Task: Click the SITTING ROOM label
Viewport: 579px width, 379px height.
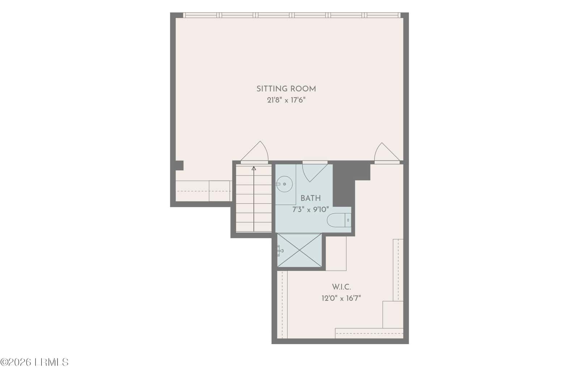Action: click(286, 89)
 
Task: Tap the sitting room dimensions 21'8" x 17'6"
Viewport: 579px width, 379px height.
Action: click(286, 100)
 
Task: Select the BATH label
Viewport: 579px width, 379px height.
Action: click(310, 198)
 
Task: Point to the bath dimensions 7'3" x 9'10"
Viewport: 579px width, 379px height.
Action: click(310, 209)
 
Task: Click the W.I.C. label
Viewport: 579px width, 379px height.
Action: click(341, 287)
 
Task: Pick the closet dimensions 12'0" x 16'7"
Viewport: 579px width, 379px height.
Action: click(341, 298)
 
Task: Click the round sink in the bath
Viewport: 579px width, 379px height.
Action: click(284, 184)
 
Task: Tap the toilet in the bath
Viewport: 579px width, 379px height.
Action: click(339, 220)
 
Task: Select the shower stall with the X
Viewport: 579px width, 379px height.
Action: click(299, 250)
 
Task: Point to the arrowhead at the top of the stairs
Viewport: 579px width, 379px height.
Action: click(254, 168)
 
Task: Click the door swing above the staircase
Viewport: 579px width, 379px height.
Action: click(255, 153)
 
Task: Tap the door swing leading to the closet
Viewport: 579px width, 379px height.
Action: click(387, 153)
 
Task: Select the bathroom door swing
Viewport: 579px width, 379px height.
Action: click(315, 173)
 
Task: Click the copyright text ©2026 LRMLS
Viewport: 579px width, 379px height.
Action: click(34, 362)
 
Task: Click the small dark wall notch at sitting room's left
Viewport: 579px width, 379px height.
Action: click(179, 165)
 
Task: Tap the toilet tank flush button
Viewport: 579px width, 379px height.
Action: click(348, 220)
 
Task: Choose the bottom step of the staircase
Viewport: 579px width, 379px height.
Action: click(254, 227)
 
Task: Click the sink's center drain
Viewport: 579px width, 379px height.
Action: click(284, 184)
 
